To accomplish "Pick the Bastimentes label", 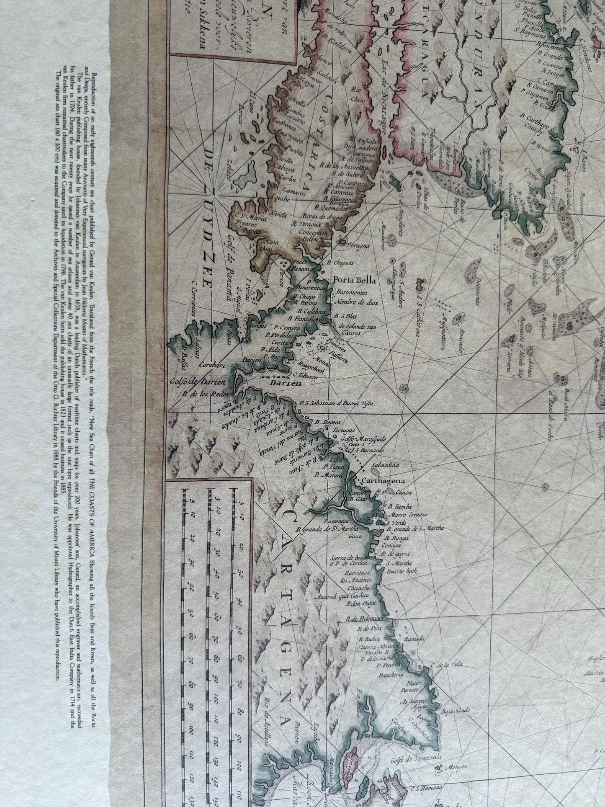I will (351, 292).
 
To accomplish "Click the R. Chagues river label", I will (341, 263).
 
